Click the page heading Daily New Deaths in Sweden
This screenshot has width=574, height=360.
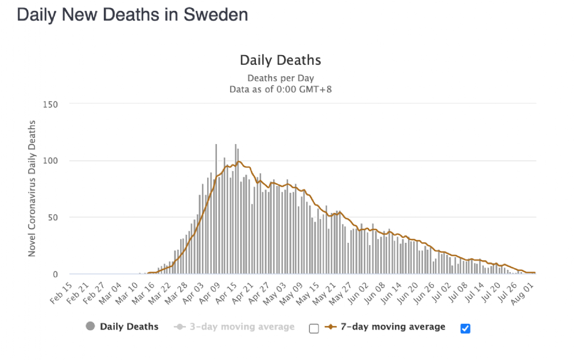point(132,15)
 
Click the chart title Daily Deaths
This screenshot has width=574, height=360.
point(280,60)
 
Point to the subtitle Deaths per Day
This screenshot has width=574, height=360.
point(281,78)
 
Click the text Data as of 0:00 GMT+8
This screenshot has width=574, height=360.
point(281,89)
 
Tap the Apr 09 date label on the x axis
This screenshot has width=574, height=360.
point(211,288)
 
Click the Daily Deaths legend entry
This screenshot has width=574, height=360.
point(129,327)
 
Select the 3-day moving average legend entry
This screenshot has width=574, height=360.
point(242,327)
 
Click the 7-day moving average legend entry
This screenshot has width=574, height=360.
point(393,327)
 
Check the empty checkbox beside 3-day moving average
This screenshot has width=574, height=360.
point(313,328)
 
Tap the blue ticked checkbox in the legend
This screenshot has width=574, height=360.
point(466,328)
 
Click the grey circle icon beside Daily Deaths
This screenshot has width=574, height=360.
point(90,327)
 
